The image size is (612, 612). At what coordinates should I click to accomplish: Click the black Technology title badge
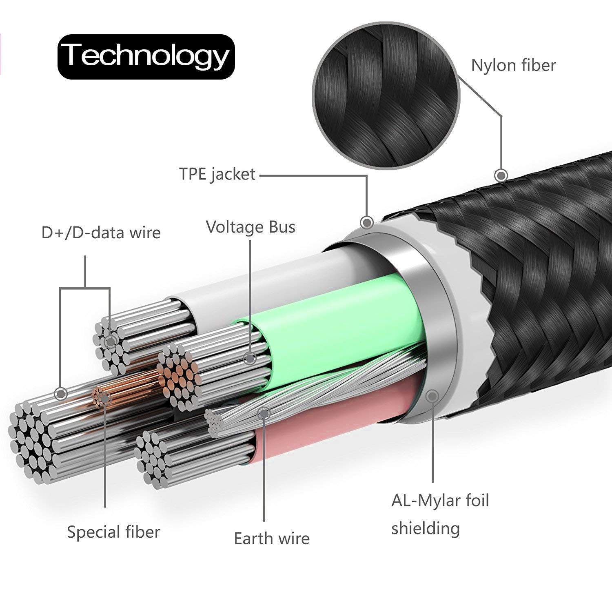tap(146, 56)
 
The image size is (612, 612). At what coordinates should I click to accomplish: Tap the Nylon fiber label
tap(513, 65)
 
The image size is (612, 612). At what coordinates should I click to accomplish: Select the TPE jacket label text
tap(217, 174)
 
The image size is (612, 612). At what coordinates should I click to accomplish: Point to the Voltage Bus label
tap(251, 227)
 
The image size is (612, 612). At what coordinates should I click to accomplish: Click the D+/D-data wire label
tap(101, 233)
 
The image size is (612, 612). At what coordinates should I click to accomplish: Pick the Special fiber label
tap(113, 532)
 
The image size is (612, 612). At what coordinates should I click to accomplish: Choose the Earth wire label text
tap(272, 539)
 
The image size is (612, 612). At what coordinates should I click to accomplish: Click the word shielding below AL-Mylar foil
tap(426, 528)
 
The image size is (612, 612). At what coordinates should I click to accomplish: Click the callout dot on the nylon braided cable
tap(501, 175)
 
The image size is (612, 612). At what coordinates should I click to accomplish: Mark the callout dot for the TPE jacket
tap(367, 222)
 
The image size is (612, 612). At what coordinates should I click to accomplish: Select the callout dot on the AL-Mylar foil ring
tap(432, 396)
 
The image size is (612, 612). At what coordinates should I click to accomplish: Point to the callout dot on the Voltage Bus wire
tap(249, 359)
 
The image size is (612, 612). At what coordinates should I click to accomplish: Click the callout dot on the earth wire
tap(264, 413)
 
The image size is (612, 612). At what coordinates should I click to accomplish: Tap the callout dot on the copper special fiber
tap(105, 398)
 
